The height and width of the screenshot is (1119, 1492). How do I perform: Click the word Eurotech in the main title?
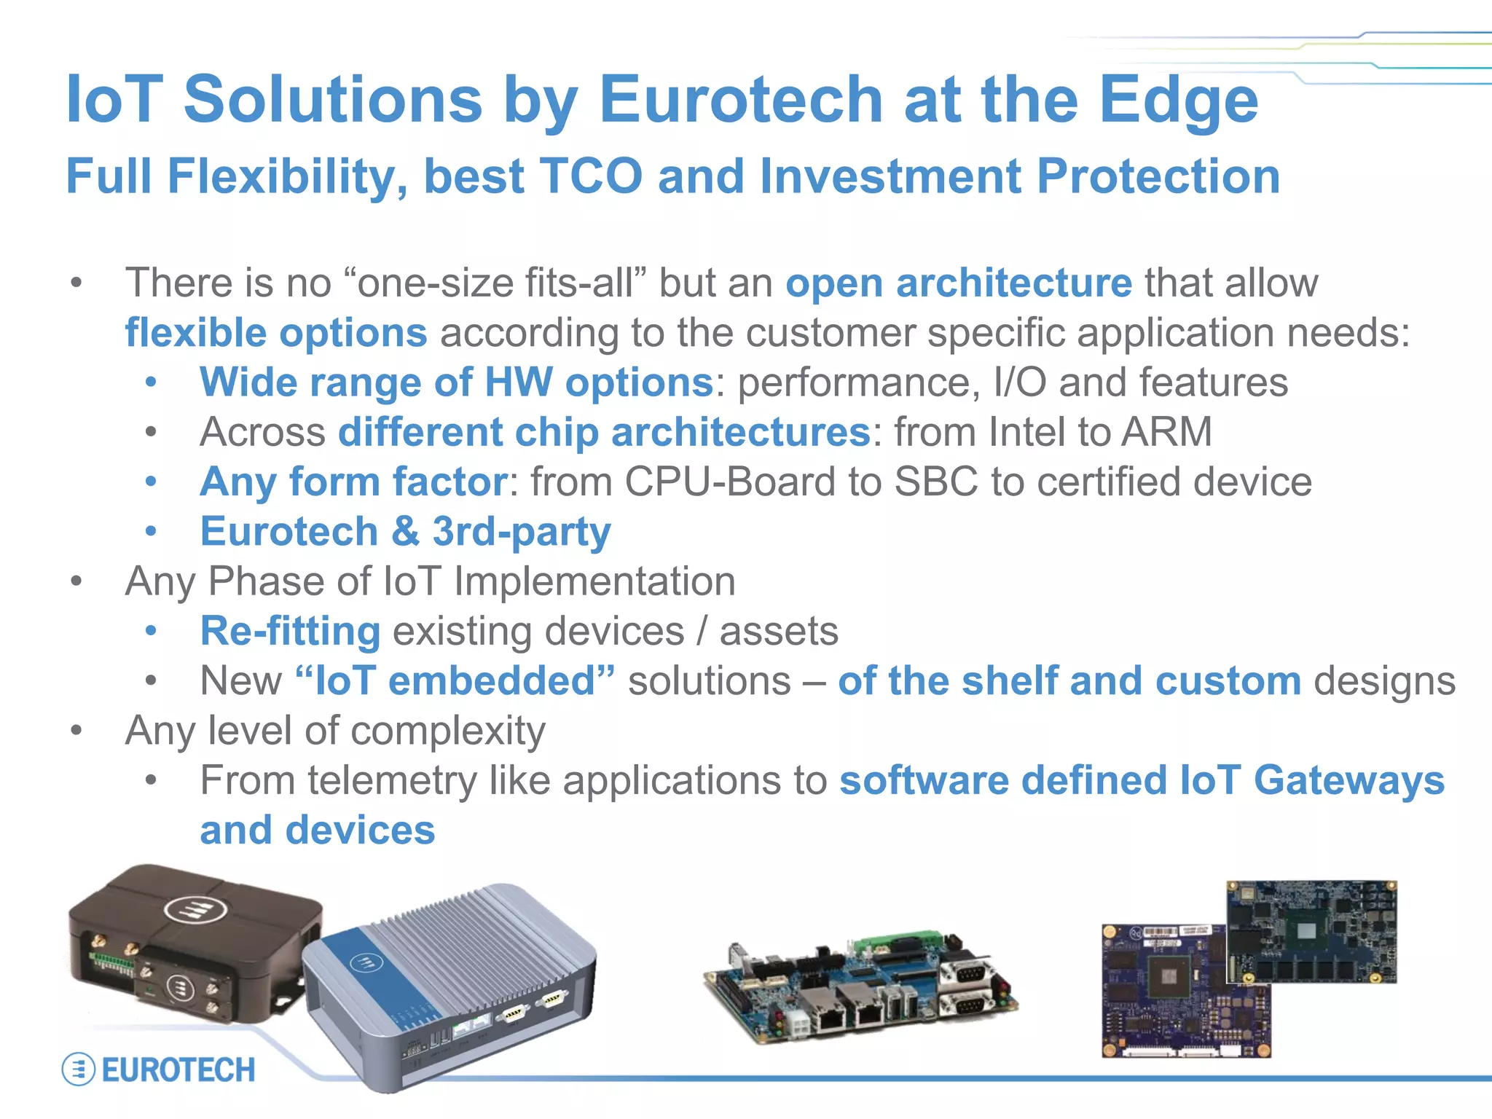[x=741, y=100]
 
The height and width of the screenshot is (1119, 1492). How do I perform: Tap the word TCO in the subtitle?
[x=591, y=177]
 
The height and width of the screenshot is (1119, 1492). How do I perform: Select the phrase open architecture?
[x=958, y=283]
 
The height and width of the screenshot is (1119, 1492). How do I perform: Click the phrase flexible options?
[x=275, y=333]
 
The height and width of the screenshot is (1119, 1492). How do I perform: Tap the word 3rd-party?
[x=521, y=532]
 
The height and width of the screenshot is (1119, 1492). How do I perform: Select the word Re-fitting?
[x=290, y=631]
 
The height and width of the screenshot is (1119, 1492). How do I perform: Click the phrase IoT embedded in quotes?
[x=455, y=681]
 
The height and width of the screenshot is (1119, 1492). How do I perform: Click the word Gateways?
[x=1348, y=780]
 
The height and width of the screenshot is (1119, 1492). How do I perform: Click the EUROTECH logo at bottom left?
[x=159, y=1069]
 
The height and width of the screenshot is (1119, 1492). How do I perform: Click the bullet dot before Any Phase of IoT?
[x=76, y=581]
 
